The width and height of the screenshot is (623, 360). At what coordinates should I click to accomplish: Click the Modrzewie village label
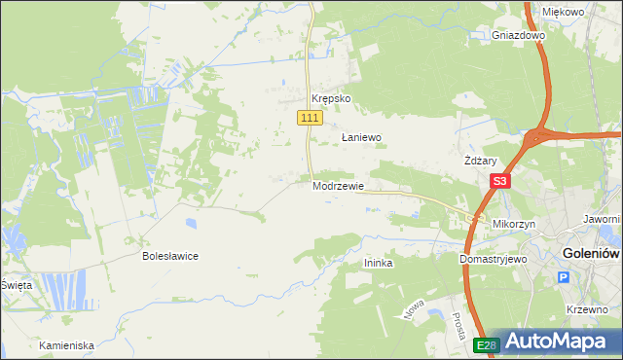tap(338, 186)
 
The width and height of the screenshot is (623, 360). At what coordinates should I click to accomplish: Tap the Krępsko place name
tap(330, 99)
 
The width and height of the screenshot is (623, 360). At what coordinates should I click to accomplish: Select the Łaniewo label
tap(360, 138)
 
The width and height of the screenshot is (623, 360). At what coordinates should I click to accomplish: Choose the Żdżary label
tap(481, 162)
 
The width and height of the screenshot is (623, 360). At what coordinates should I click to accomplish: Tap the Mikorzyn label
tap(515, 224)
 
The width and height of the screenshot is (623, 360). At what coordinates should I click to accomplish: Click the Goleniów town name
tap(592, 254)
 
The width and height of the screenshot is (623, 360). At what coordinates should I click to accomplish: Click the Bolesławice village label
tap(170, 256)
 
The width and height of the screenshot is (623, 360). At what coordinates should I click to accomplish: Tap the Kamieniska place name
tap(66, 345)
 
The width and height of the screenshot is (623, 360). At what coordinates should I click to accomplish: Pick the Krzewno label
tap(585, 308)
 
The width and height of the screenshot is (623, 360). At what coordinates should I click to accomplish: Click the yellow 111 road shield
tap(309, 118)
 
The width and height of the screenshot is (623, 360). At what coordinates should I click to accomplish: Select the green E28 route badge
tap(487, 345)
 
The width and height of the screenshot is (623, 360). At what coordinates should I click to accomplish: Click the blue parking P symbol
tap(563, 278)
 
